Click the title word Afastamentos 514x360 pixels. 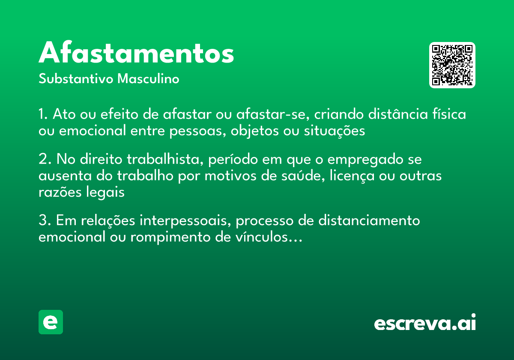click(136, 54)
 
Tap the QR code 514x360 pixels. click(452, 65)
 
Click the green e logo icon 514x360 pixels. click(51, 322)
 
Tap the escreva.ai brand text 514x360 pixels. click(425, 324)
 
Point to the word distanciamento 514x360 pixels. click(369, 221)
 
